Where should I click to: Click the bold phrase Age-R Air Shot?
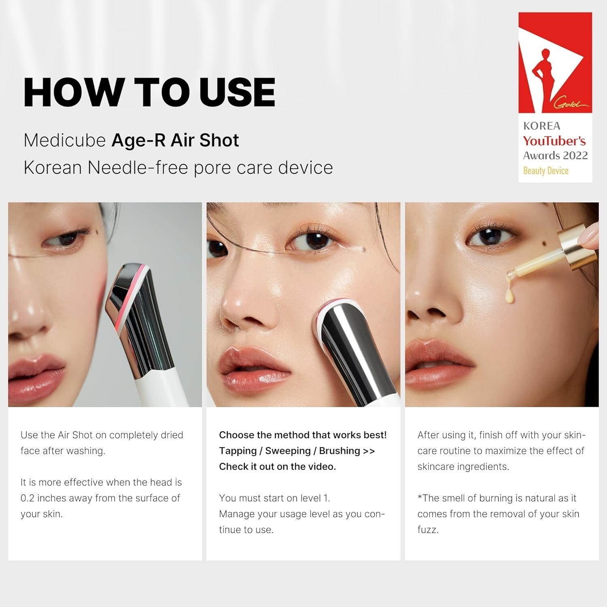pyautogui.click(x=175, y=140)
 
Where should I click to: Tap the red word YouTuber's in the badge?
pyautogui.click(x=554, y=141)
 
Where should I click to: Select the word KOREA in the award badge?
pyautogui.click(x=542, y=126)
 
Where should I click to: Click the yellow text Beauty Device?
pyautogui.click(x=546, y=171)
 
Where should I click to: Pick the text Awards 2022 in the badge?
pyautogui.click(x=555, y=156)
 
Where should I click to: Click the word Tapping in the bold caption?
pyautogui.click(x=238, y=451)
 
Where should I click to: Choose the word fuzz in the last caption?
pyautogui.click(x=427, y=530)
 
